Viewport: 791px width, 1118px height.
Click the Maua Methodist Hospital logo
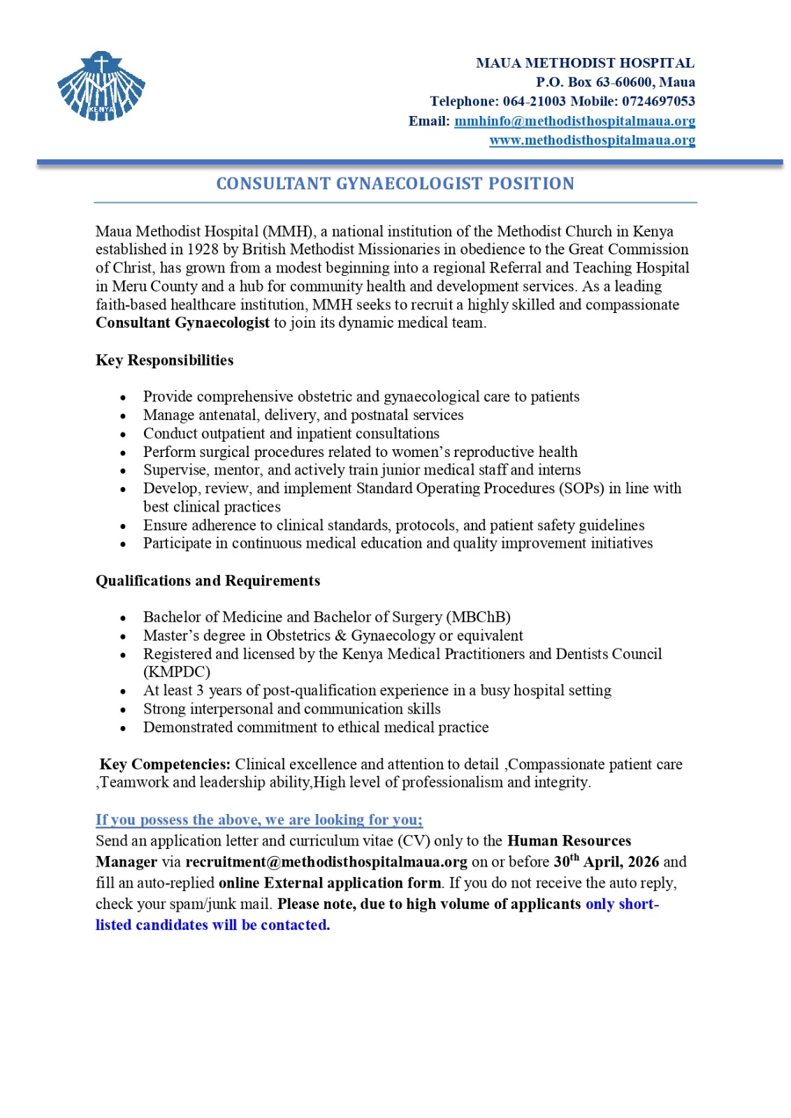101,87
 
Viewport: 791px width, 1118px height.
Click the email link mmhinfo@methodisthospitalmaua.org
574,121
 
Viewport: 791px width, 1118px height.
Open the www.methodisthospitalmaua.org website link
592,140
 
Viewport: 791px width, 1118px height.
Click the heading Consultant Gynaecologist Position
395,184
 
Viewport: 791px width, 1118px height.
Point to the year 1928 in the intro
203,249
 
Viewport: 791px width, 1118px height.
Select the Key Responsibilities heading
164,361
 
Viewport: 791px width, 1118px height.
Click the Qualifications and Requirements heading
208,581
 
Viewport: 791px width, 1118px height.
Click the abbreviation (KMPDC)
176,672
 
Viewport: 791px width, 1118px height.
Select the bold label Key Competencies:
165,764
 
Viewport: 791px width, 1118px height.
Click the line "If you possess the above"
259,820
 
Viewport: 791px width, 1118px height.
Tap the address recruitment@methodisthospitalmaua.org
326,862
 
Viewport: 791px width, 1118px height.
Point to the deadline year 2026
644,862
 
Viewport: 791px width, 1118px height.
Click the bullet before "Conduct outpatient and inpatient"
123,435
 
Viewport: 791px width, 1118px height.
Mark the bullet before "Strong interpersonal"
123,710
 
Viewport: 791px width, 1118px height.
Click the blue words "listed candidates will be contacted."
212,925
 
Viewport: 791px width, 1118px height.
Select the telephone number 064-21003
534,101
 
